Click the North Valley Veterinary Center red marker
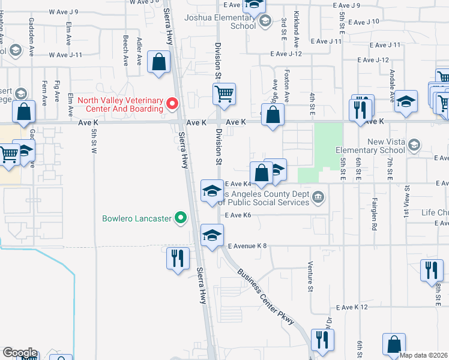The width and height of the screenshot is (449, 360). point(172,104)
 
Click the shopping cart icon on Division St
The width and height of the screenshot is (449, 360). point(224,94)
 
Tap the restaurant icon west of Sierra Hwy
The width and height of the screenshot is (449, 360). point(178,258)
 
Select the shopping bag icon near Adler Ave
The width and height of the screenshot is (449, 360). point(158,62)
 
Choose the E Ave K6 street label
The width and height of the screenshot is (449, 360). point(238,215)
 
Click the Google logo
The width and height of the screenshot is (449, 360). point(20,353)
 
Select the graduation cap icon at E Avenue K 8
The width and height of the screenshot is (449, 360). point(212,235)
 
